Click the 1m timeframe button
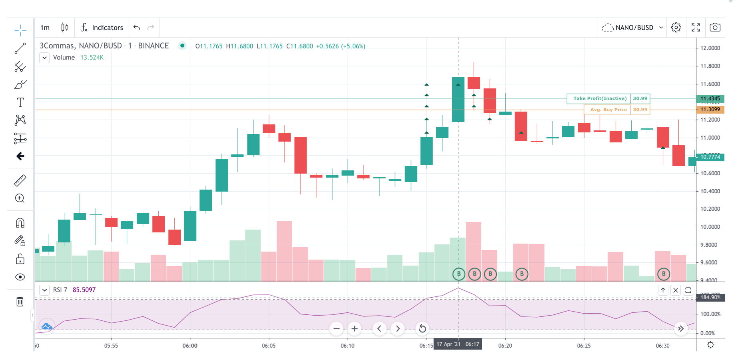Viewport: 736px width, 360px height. tap(45, 28)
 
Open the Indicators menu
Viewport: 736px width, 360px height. tap(102, 28)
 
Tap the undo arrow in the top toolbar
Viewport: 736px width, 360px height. tap(137, 28)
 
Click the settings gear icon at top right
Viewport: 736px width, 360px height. tap(676, 28)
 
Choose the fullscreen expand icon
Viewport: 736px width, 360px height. tap(696, 28)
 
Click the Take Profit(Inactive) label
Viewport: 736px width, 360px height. tap(600, 98)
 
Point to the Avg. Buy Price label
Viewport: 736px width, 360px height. tap(608, 110)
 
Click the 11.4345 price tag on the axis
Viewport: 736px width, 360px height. tap(710, 98)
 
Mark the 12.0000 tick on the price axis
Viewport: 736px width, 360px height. tap(710, 48)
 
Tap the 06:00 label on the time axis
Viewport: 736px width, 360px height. tap(190, 346)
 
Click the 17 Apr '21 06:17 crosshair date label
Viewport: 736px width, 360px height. tap(458, 344)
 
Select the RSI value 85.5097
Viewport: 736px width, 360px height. tap(84, 290)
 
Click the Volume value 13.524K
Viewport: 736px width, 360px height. tap(92, 58)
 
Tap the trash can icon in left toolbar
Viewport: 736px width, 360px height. tap(20, 302)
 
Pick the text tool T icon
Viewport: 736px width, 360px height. tap(20, 102)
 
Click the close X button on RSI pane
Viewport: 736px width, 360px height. tap(676, 290)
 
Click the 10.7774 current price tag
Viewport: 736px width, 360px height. tap(710, 157)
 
